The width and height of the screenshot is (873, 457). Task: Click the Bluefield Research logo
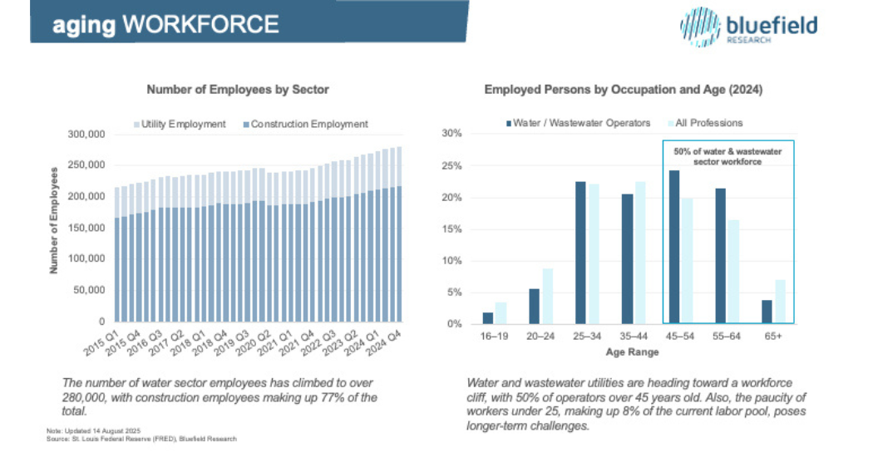click(x=747, y=26)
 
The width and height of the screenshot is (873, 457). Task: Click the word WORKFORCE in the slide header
click(x=200, y=24)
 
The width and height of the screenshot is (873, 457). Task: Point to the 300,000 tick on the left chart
click(x=85, y=134)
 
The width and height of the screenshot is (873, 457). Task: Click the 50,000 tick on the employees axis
click(x=88, y=290)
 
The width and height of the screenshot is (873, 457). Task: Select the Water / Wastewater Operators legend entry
click(x=574, y=123)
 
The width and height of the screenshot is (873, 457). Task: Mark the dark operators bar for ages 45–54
click(x=674, y=247)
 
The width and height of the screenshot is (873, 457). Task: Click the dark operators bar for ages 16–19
click(x=488, y=318)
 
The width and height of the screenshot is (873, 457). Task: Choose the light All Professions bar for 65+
click(x=779, y=302)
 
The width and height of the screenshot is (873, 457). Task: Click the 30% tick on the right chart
click(x=451, y=134)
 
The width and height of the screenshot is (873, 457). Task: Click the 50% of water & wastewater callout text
click(x=727, y=156)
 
